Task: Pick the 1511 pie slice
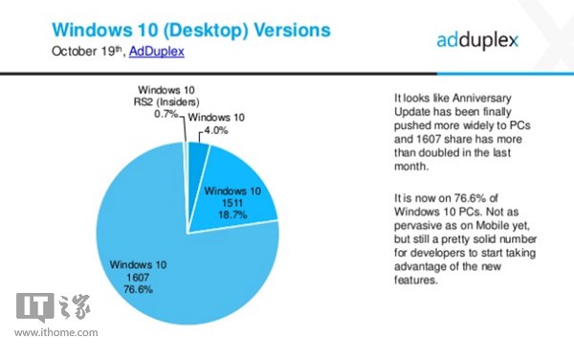[x=239, y=182]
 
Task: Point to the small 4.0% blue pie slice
[x=195, y=153]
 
